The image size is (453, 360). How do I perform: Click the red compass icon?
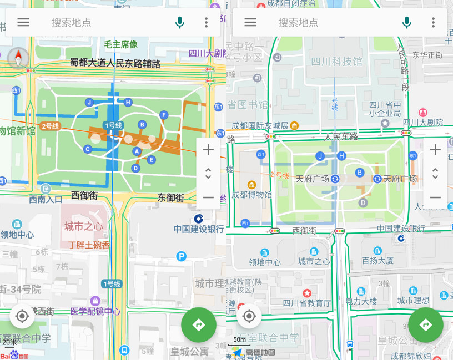click(x=19, y=58)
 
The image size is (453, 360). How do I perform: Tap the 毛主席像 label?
click(x=120, y=44)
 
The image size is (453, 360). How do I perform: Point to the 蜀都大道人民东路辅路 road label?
click(x=115, y=64)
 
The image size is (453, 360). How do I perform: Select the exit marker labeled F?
click(x=163, y=115)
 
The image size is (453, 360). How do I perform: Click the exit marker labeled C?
click(x=88, y=149)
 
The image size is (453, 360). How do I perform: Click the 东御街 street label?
click(x=170, y=197)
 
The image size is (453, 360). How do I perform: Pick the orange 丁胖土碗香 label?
click(x=89, y=245)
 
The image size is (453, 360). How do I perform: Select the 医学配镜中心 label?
click(x=95, y=311)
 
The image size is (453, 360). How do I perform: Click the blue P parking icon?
click(x=181, y=256)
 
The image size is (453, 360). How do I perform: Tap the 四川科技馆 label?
click(x=336, y=62)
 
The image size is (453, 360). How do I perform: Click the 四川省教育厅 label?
click(x=306, y=303)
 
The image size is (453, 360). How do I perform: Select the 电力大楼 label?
click(x=361, y=301)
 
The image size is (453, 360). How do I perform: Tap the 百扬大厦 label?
click(x=377, y=260)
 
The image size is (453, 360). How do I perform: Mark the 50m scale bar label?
click(x=239, y=339)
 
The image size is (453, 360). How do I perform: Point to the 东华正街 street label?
click(x=427, y=55)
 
